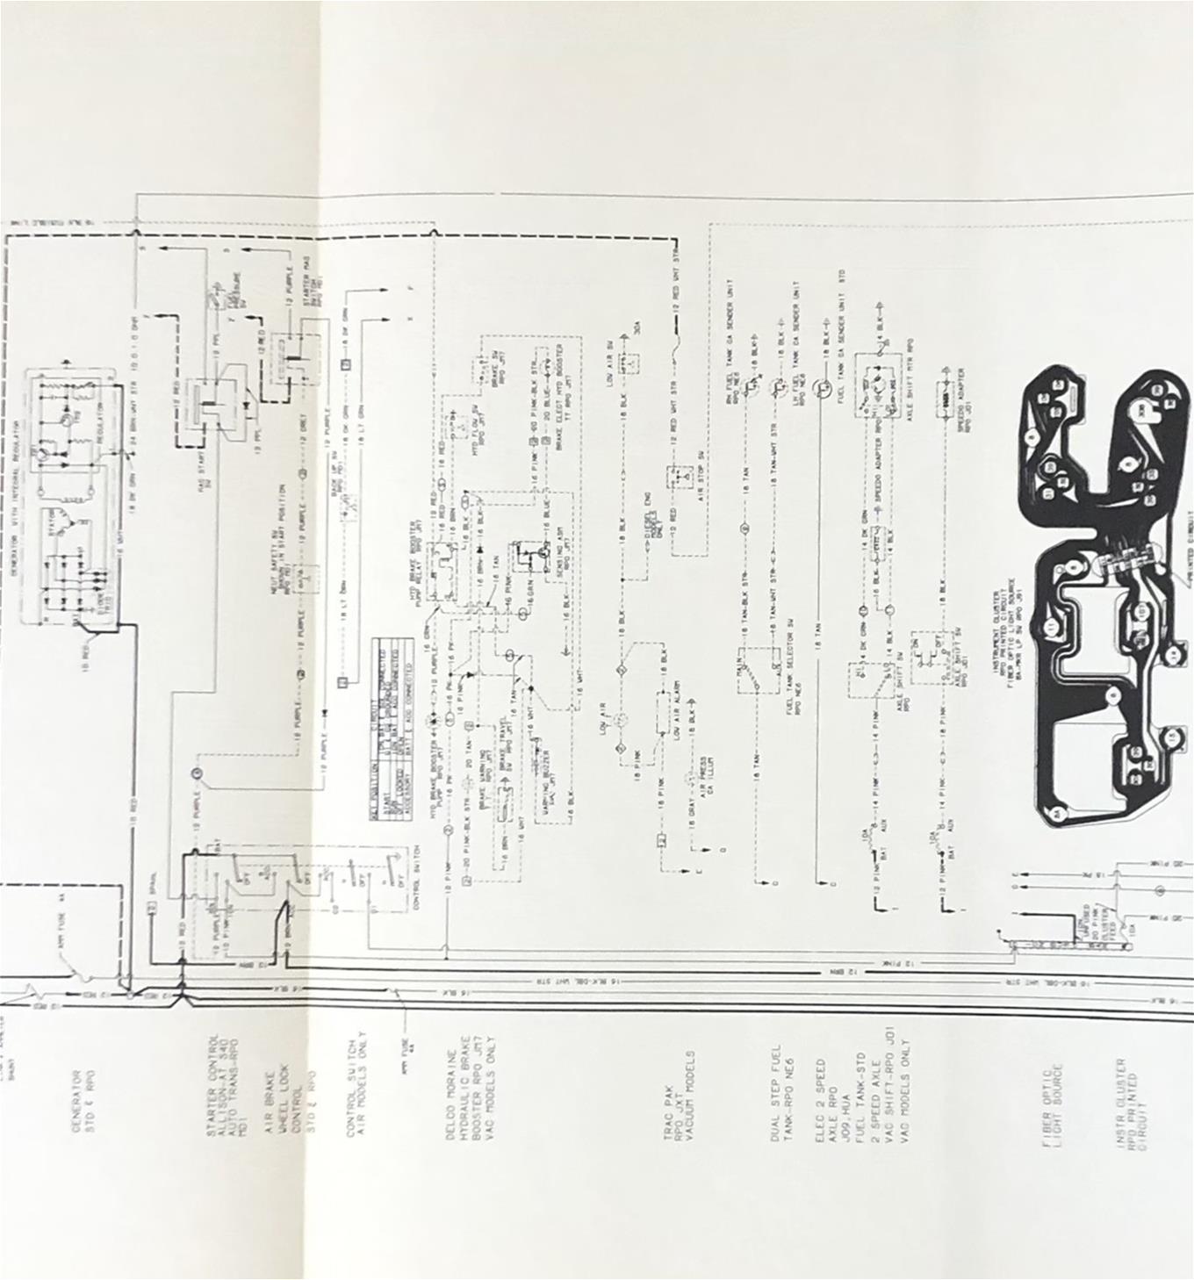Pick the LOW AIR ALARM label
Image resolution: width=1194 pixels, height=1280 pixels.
coord(677,708)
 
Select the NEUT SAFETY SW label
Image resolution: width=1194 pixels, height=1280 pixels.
coord(280,544)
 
